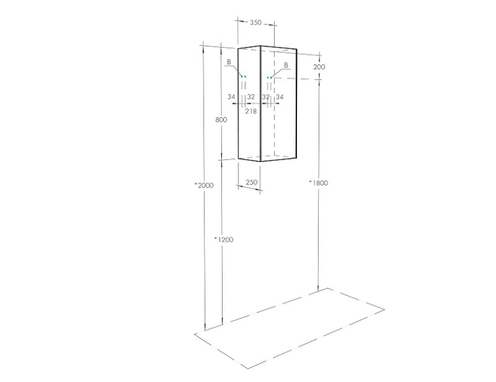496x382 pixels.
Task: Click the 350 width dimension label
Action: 256,22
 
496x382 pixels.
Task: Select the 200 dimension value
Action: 319,67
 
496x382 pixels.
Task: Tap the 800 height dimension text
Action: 221,120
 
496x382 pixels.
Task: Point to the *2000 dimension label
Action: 204,185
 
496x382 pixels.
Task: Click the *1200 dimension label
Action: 224,240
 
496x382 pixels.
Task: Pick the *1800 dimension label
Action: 319,183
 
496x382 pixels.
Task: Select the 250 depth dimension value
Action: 251,183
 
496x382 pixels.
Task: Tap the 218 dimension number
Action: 251,111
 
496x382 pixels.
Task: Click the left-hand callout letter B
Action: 229,62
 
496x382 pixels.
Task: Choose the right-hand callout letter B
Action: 286,65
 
